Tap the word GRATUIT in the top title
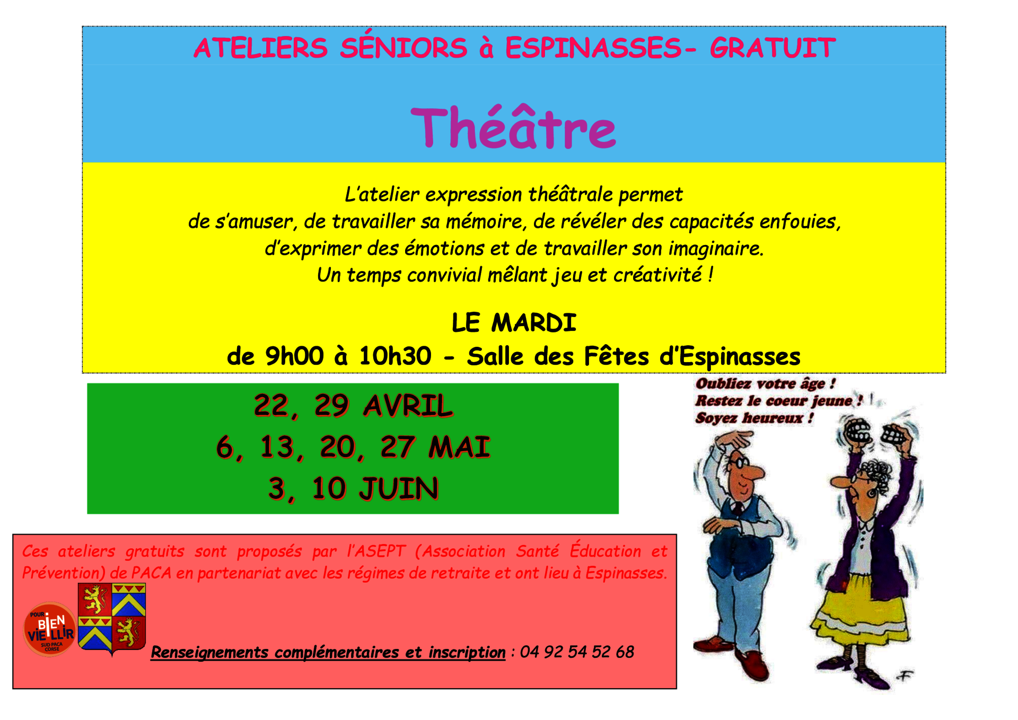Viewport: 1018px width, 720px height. [773, 48]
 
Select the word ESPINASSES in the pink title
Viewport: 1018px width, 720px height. [593, 48]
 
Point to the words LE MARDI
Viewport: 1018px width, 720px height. [514, 322]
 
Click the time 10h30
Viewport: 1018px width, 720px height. [395, 356]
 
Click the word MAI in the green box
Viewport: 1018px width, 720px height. [459, 447]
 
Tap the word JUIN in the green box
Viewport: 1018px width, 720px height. [399, 488]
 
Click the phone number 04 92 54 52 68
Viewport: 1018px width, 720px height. [577, 652]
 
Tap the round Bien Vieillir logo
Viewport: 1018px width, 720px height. [50, 629]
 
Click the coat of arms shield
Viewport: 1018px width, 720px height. [112, 618]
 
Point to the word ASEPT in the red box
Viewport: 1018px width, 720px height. [381, 551]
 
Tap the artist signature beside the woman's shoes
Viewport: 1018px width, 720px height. [904, 676]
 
